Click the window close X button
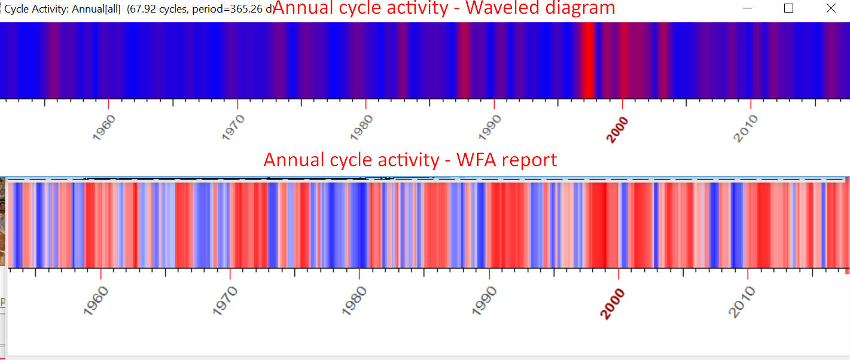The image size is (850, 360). coord(830,8)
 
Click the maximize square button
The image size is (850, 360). coord(788,8)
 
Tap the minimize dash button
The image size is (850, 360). coord(748,8)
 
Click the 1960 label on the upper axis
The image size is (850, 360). coord(105,127)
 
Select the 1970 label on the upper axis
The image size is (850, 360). coord(234,127)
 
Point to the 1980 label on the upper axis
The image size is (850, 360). coord(362,127)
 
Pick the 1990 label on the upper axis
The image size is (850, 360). coord(490,127)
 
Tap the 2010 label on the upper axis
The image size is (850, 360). coord(747,127)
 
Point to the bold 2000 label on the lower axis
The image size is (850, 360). coord(613,303)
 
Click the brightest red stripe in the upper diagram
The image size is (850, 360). coord(589,60)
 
